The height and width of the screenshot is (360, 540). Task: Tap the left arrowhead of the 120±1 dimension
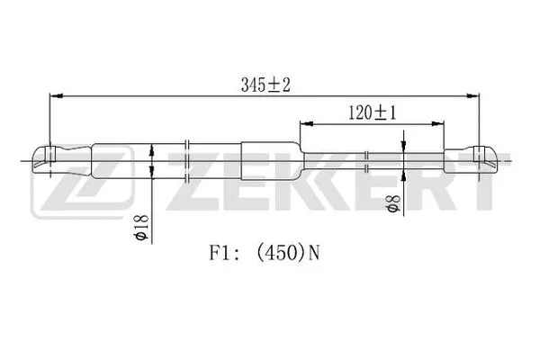coord(305,122)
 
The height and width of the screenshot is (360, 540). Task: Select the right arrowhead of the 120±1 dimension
coord(436,122)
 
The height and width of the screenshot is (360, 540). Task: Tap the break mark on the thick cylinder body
coord(186,157)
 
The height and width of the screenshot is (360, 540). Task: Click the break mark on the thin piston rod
coord(367,160)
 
